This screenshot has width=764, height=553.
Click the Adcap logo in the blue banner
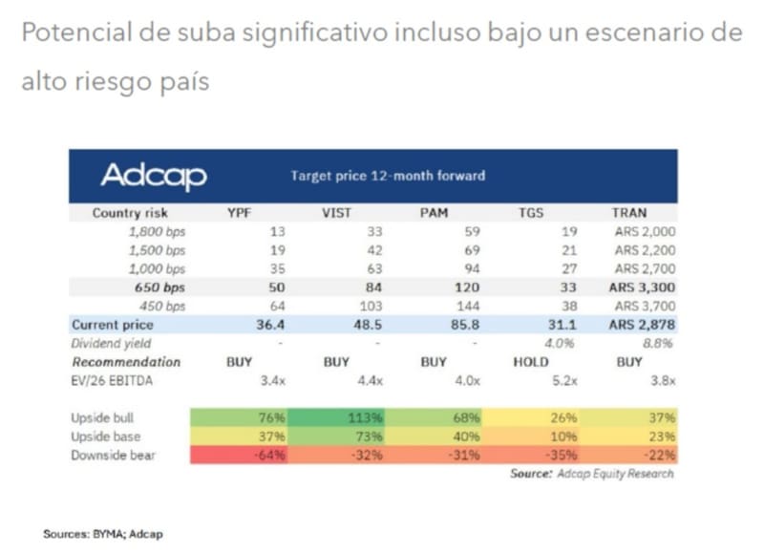coord(154,176)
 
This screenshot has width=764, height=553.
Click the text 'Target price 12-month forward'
coord(388,176)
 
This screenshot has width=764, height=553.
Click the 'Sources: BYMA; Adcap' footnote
coord(96,535)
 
